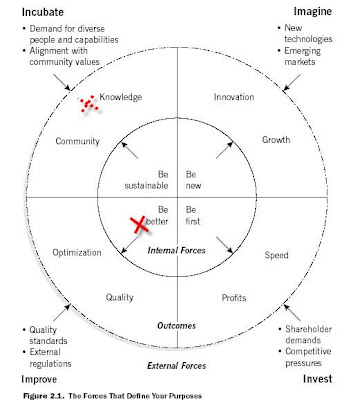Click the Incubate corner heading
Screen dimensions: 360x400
pyautogui.click(x=43, y=12)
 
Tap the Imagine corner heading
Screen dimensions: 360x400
pyautogui.click(x=313, y=12)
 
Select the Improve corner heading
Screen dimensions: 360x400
pyautogui.click(x=39, y=379)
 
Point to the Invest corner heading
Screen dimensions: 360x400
pyautogui.click(x=318, y=379)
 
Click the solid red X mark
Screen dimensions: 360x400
pyautogui.click(x=140, y=224)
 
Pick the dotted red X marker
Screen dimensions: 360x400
pyautogui.click(x=88, y=103)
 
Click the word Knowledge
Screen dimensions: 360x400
pyautogui.click(x=121, y=97)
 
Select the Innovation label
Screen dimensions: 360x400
pyautogui.click(x=234, y=97)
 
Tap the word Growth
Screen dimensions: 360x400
pyautogui.click(x=276, y=139)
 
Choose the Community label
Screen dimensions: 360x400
pyautogui.click(x=78, y=141)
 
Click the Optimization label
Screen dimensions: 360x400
pyautogui.click(x=77, y=253)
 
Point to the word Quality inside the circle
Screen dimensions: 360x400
pyautogui.click(x=120, y=297)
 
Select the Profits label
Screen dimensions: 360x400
pyautogui.click(x=234, y=298)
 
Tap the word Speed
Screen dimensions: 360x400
pyautogui.click(x=277, y=255)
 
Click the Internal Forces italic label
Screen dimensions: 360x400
pyautogui.click(x=176, y=250)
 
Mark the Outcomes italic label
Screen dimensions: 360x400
pyautogui.click(x=176, y=326)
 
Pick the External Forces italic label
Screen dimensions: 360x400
pyautogui.click(x=177, y=366)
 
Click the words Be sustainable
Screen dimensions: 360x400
pyautogui.click(x=146, y=180)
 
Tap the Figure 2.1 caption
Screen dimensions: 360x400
pyautogui.click(x=113, y=396)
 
